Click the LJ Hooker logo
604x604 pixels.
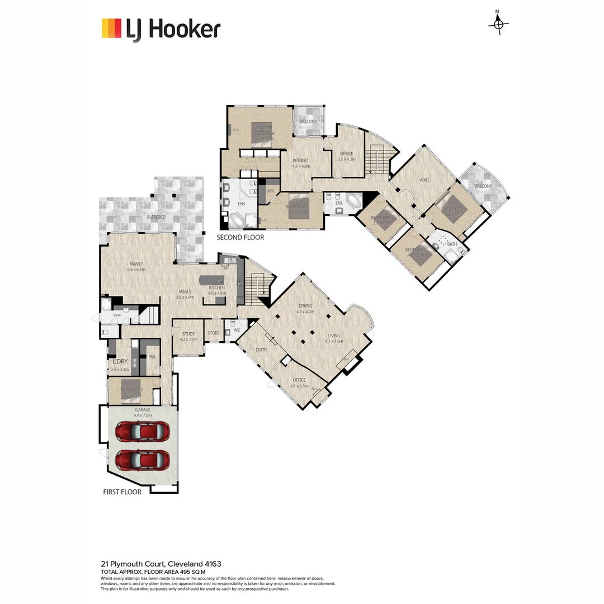(x=161, y=29)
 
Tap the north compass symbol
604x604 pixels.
(x=498, y=24)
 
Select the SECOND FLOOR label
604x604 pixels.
(x=240, y=238)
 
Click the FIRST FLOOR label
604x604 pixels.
(x=122, y=492)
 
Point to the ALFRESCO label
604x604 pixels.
(x=157, y=216)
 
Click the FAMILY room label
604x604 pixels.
(x=136, y=264)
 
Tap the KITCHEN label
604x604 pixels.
(x=216, y=288)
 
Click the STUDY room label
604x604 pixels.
(x=188, y=334)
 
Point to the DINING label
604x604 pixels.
(x=305, y=306)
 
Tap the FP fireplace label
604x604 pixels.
(x=346, y=359)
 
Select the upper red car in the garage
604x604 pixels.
(x=143, y=432)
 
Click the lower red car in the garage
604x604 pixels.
(x=143, y=460)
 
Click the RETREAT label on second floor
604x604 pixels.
(x=300, y=161)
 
